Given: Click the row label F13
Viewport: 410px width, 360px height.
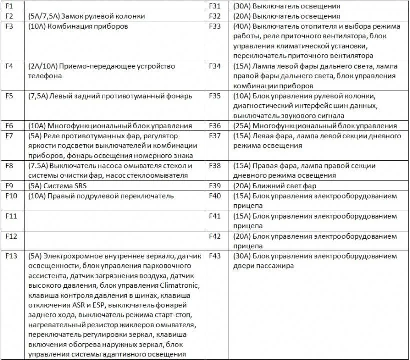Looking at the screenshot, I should coord(11,256).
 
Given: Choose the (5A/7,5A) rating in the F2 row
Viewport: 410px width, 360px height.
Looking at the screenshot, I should coord(45,16).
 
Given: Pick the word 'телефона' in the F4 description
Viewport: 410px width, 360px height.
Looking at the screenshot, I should coord(45,76).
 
